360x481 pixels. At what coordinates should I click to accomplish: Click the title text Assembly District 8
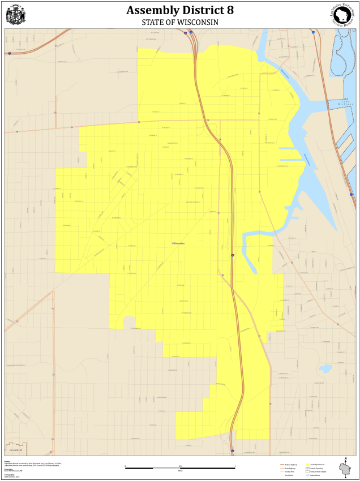tap(179, 10)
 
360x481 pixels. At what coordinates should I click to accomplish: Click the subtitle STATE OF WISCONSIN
tap(179, 22)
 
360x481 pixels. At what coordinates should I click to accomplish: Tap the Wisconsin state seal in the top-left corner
tap(15, 15)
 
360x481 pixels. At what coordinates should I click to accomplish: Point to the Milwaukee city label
tap(179, 243)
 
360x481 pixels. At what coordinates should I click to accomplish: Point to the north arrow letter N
tap(345, 458)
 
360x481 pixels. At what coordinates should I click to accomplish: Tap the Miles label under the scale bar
tap(179, 471)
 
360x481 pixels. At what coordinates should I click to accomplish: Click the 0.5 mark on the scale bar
tap(179, 465)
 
